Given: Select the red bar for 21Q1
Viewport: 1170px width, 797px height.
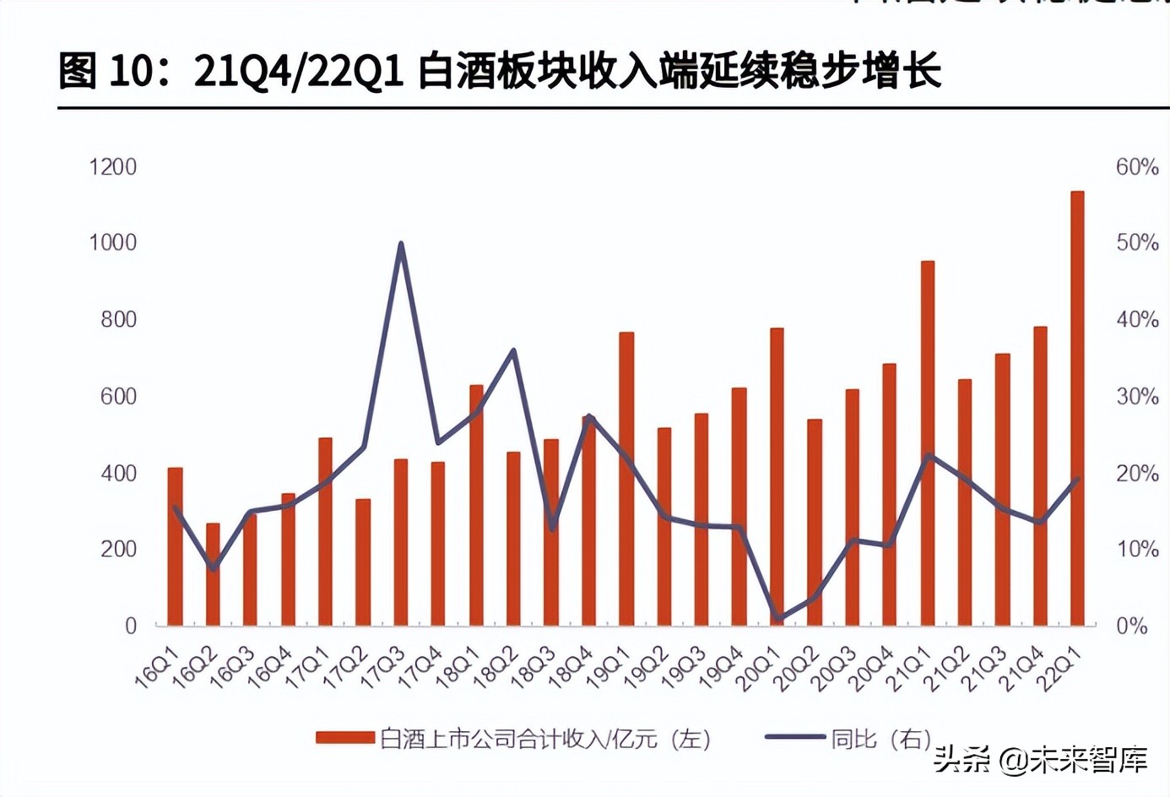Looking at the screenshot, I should [927, 443].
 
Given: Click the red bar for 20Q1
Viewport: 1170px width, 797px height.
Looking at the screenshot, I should [777, 477].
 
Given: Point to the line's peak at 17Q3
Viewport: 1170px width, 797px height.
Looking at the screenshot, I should [401, 244].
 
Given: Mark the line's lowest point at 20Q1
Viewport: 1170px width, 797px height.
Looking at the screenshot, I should [777, 619].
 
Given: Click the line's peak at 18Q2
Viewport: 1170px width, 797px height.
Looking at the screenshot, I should [513, 350].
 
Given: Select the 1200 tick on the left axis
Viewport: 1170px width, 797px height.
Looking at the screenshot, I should [113, 167].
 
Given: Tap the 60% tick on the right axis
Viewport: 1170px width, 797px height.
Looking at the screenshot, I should [1136, 167].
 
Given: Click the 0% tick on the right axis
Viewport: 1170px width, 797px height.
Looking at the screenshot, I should [1131, 626].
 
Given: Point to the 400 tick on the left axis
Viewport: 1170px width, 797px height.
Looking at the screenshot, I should [118, 474].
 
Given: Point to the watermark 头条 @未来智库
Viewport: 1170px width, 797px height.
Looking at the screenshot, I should [1040, 760].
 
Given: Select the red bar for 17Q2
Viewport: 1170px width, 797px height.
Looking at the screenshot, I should [363, 562].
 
